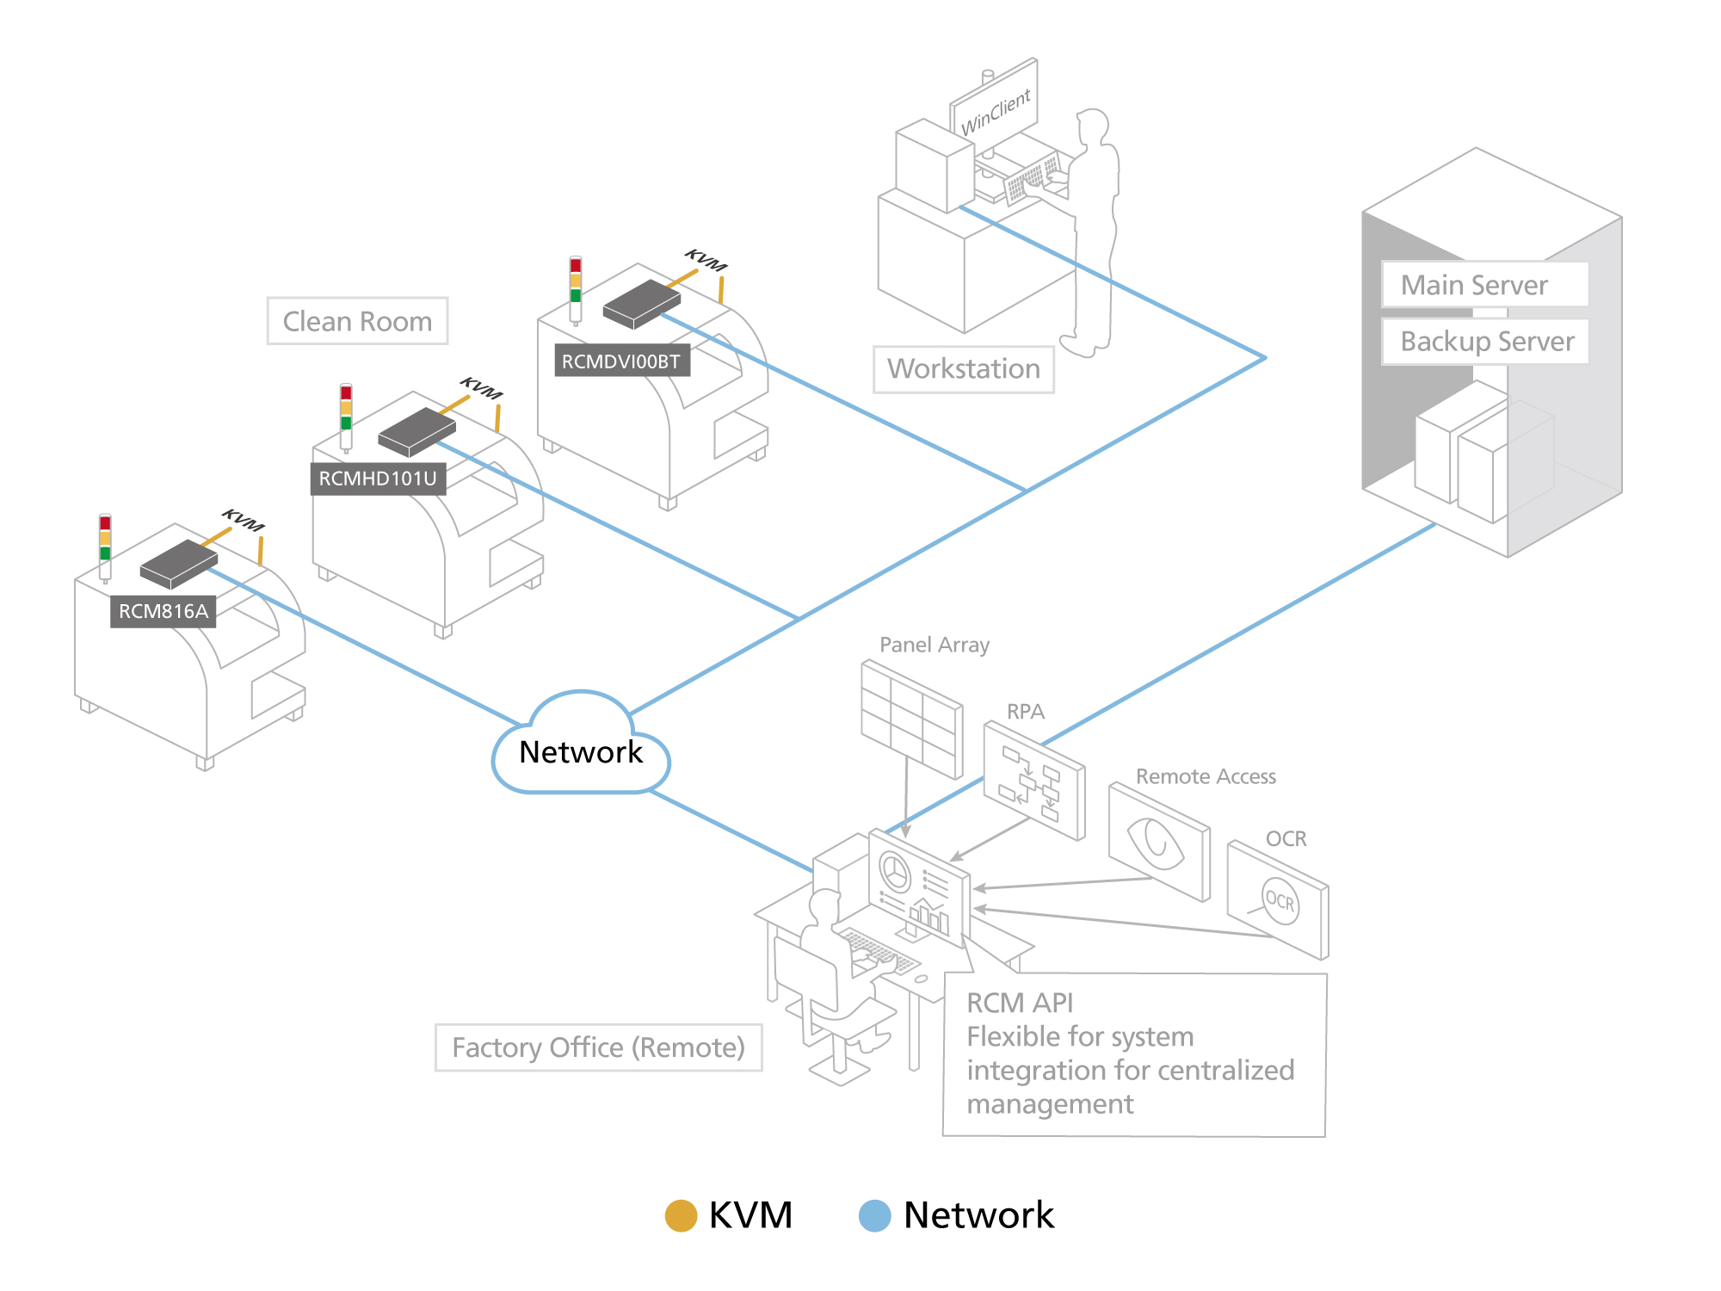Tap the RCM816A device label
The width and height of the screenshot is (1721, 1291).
coord(163,611)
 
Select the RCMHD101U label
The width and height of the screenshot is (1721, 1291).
coord(378,479)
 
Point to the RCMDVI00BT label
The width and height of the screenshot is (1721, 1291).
coord(621,361)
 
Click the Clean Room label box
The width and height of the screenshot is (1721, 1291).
coord(357,321)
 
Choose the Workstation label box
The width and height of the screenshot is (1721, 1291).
coord(964,369)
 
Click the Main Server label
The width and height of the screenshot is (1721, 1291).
coord(1474,285)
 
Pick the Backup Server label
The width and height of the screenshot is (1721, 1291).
coord(1487,341)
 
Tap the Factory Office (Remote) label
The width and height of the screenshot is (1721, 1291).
coord(598,1047)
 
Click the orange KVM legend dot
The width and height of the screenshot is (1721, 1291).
coord(681,1215)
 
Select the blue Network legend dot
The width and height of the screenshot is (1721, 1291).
coord(875,1215)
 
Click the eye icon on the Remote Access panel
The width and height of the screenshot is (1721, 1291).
coord(1157,842)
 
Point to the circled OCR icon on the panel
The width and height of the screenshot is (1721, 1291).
coord(1280,901)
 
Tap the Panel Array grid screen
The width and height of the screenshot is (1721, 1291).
coord(911,720)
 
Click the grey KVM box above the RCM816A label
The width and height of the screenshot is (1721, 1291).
coord(179,563)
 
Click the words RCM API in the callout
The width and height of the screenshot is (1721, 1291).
coord(1020,1003)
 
